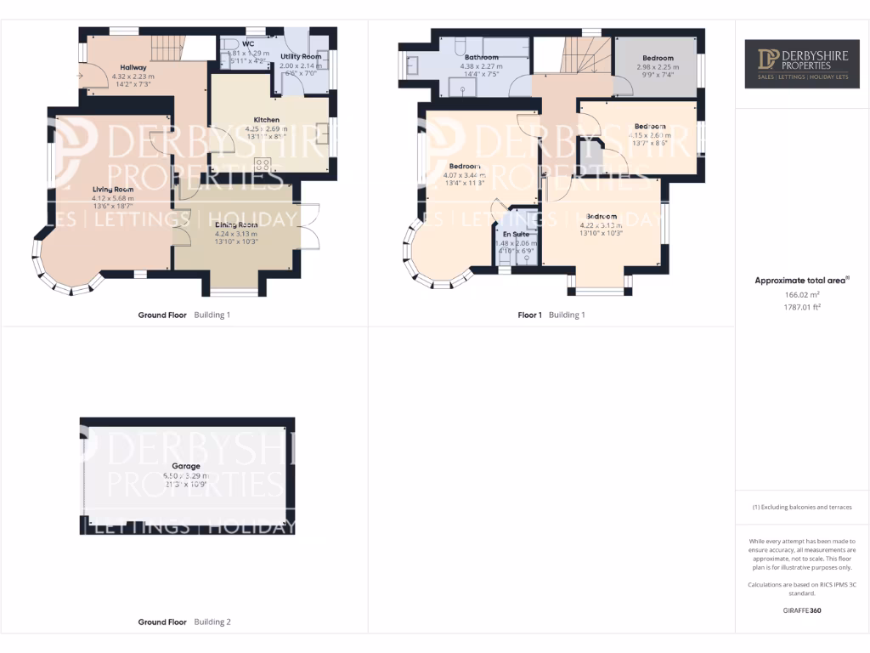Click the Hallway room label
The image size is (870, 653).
tap(133, 67)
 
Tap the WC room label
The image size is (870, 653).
tap(248, 43)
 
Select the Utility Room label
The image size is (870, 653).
tap(301, 56)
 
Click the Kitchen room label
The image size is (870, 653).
tap(267, 120)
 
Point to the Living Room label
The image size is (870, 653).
tap(113, 189)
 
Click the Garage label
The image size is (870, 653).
tap(186, 466)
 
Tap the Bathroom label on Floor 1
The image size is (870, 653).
tap(481, 57)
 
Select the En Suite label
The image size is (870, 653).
tap(516, 234)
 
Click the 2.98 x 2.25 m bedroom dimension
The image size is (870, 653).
tap(658, 66)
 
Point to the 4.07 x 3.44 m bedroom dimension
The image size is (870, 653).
tap(464, 175)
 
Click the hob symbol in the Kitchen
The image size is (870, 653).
tap(263, 165)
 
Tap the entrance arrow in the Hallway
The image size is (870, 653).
tap(80, 77)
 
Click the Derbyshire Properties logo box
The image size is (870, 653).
tap(802, 63)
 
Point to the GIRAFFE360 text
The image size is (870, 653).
tap(802, 610)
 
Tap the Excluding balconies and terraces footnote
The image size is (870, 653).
tap(802, 508)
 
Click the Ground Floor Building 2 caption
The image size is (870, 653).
tap(184, 622)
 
